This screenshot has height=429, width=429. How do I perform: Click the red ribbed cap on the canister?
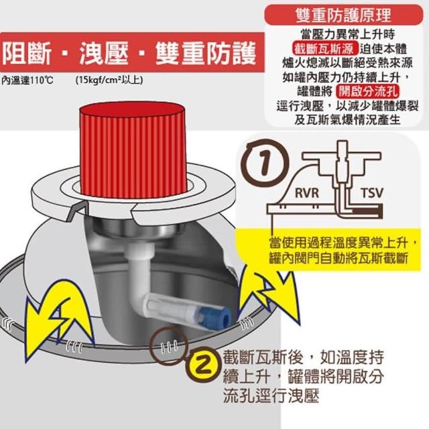coord(133,149)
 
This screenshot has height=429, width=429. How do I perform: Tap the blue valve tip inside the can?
coord(216,316)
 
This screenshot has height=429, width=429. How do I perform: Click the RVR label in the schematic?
coord(307,194)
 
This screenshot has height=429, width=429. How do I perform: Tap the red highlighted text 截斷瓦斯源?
coord(325,49)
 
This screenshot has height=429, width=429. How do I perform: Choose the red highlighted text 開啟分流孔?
coord(367,91)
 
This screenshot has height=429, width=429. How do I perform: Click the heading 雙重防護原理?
coord(344,15)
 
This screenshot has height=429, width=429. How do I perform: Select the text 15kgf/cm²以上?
coord(109,80)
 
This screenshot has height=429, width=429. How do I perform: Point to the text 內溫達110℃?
coord(27,80)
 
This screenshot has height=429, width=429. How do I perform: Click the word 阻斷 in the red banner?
coord(27,54)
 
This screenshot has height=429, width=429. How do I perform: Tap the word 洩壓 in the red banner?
coord(104,54)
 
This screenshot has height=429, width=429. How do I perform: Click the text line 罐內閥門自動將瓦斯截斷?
coord(339,258)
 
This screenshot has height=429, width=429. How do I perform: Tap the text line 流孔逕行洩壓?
coord(271,395)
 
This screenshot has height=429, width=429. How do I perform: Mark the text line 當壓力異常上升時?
coord(347,34)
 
